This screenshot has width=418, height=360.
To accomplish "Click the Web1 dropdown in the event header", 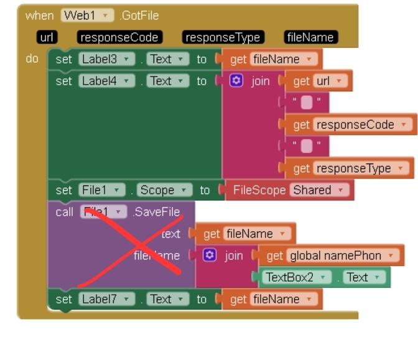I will pyautogui.click(x=87, y=16).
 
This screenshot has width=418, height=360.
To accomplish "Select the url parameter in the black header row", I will pyautogui.click(x=47, y=38).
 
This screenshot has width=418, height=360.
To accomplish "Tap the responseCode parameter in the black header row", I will pyautogui.click(x=119, y=38).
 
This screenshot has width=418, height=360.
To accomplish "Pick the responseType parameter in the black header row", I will pyautogui.click(x=223, y=38).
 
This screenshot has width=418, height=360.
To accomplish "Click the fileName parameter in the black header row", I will pyautogui.click(x=310, y=38).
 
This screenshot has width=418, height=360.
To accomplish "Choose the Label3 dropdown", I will pyautogui.click(x=106, y=59).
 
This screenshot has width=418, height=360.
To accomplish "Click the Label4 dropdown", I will pyautogui.click(x=106, y=81).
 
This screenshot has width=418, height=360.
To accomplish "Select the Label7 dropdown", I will pyautogui.click(x=106, y=299).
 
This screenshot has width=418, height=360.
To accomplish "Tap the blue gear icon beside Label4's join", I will pyautogui.click(x=236, y=81).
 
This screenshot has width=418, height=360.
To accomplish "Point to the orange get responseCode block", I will pyautogui.click(x=351, y=124).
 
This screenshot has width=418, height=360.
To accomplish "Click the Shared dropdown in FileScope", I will pyautogui.click(x=320, y=190).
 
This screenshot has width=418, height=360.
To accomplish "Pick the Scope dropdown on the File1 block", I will pyautogui.click(x=165, y=190).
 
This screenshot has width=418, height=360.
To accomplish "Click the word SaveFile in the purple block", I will pyautogui.click(x=157, y=212).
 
